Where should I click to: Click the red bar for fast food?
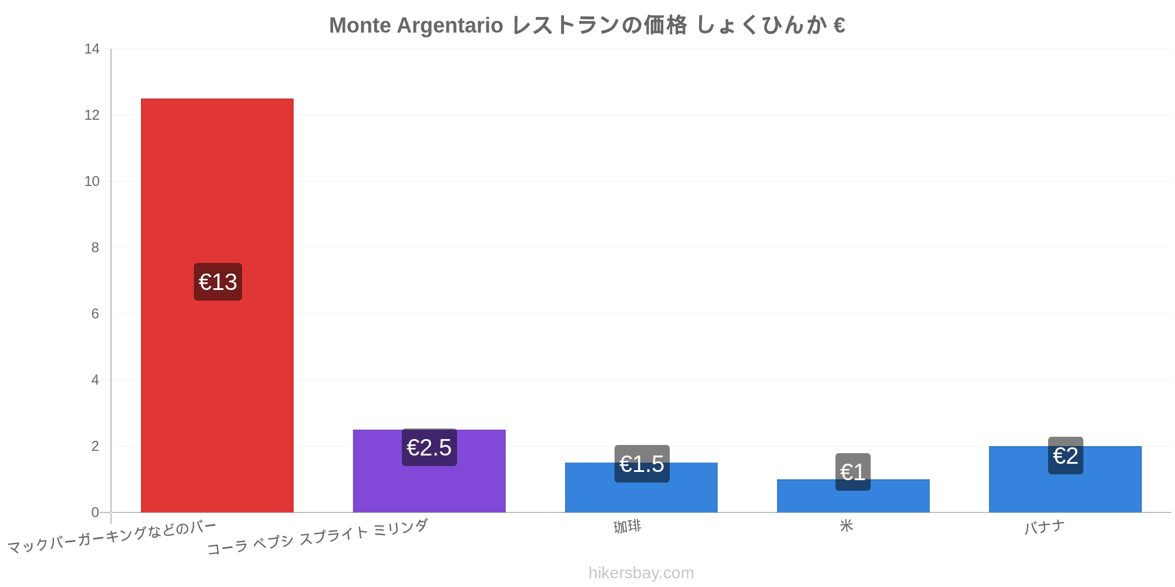click(217, 305)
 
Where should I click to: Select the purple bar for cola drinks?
click(429, 471)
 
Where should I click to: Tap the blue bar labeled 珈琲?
click(641, 487)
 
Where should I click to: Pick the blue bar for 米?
click(853, 496)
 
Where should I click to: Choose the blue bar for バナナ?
click(1065, 479)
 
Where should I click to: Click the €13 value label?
click(218, 282)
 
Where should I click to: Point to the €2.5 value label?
click(429, 447)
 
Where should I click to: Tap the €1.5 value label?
click(642, 464)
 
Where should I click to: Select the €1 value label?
click(853, 472)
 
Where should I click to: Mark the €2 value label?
click(1066, 456)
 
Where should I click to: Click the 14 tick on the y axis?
click(92, 49)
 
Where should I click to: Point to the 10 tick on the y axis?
click(92, 181)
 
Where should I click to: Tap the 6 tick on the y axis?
click(95, 314)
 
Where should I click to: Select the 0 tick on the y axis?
click(95, 512)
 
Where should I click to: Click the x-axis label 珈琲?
click(627, 527)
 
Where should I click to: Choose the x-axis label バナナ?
click(1045, 527)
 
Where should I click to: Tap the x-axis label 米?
click(846, 525)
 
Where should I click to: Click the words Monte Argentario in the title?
click(416, 25)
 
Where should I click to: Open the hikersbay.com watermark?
click(642, 573)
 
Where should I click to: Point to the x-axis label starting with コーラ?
click(317, 538)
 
